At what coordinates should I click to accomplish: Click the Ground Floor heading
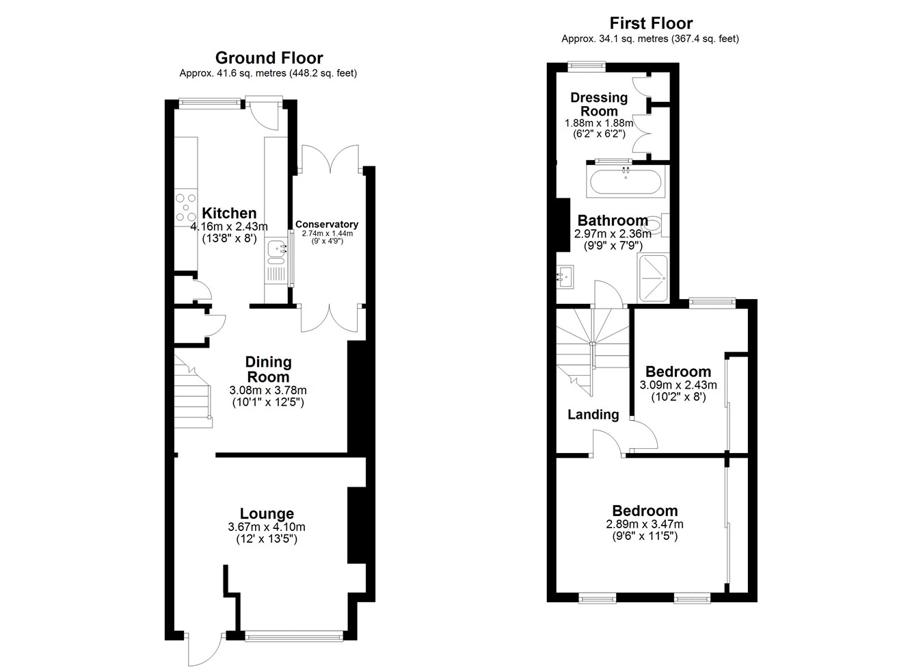(x=269, y=57)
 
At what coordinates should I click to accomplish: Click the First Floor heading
(x=651, y=23)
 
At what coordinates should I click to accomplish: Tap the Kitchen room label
(x=229, y=214)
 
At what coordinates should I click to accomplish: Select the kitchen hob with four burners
(x=186, y=209)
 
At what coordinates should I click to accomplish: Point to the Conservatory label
(x=327, y=224)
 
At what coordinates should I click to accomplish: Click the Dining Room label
(x=268, y=370)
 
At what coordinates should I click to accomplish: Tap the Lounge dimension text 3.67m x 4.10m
(x=267, y=527)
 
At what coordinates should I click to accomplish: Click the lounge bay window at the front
(x=294, y=636)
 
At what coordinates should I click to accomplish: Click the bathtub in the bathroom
(x=626, y=182)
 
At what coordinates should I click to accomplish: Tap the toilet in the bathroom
(x=656, y=225)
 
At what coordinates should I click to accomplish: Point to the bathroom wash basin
(x=565, y=276)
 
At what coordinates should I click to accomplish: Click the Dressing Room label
(x=599, y=105)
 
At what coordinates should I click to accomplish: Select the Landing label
(x=593, y=415)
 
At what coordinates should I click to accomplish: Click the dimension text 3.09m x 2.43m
(x=678, y=385)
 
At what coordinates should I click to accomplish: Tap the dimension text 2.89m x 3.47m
(x=645, y=524)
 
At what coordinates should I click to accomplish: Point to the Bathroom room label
(x=613, y=220)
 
